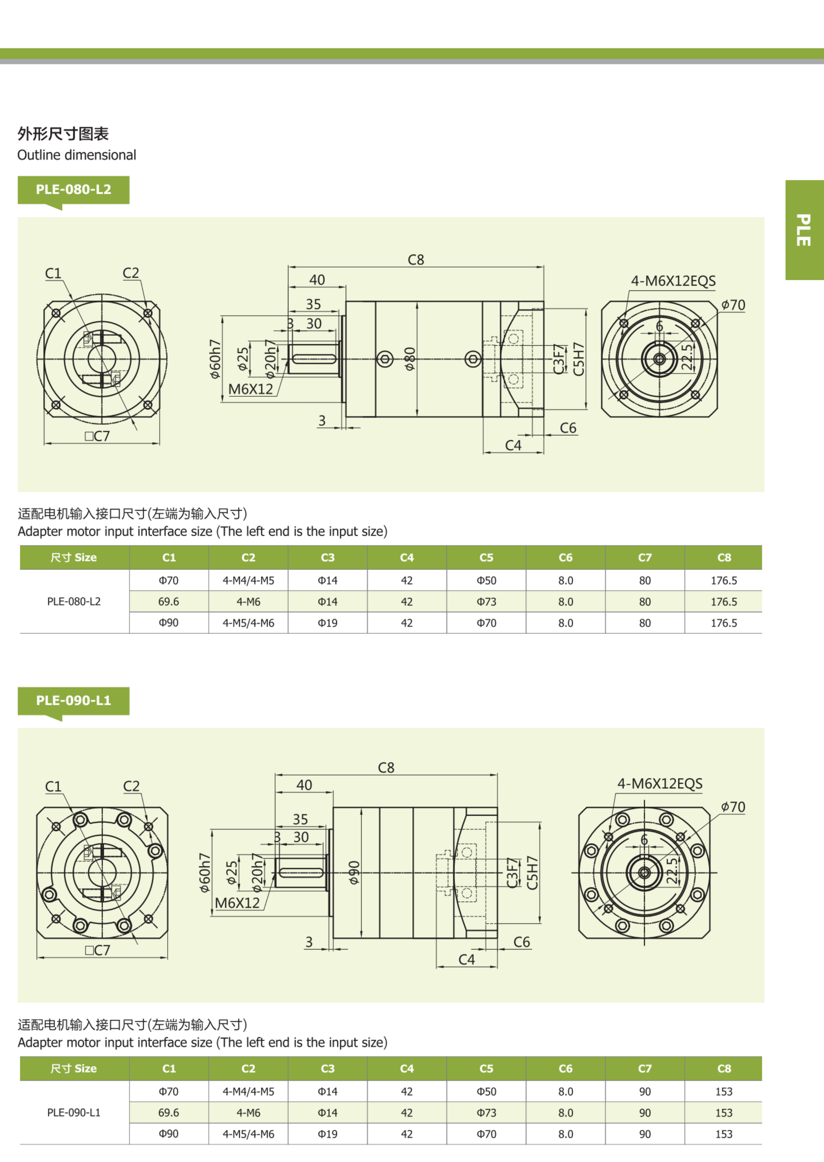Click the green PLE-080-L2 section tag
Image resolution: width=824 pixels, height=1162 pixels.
click(73, 190)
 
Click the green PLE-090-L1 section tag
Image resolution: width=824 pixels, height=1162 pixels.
click(73, 701)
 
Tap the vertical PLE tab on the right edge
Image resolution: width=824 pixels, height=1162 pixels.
click(804, 230)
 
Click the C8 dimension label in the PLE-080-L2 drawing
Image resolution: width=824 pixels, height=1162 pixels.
click(416, 260)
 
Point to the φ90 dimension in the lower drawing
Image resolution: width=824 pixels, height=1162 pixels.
click(354, 872)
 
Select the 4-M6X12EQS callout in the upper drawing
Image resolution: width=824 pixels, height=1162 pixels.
click(673, 281)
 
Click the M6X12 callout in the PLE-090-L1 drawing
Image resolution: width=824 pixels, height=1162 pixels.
click(237, 903)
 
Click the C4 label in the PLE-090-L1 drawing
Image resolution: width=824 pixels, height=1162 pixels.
click(466, 960)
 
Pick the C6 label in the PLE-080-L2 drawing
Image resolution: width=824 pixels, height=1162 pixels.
click(568, 428)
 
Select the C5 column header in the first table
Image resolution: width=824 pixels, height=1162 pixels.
click(486, 557)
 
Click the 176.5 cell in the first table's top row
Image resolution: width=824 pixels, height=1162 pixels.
click(724, 580)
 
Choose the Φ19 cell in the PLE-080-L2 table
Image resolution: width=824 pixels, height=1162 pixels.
click(327, 623)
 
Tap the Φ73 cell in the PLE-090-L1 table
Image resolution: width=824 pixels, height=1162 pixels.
click(486, 1113)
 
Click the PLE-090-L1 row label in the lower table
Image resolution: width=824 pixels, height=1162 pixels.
click(74, 1113)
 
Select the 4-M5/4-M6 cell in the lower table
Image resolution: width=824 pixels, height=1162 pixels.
click(248, 1134)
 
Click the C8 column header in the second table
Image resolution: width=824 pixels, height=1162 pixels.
click(724, 1069)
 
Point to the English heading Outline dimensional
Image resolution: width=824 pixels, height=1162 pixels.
click(77, 155)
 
